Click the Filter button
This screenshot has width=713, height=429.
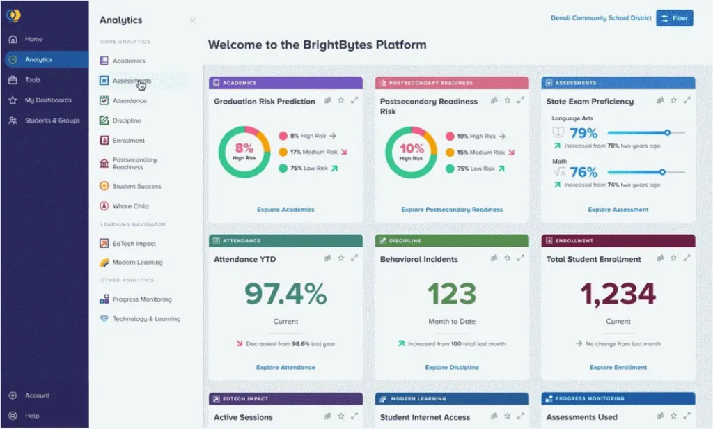[x=674, y=18]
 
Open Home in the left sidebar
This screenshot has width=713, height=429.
[x=33, y=39]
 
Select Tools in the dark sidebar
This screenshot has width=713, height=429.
[x=33, y=79]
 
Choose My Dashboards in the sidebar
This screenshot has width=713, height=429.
[x=47, y=100]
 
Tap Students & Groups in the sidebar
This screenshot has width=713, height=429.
[x=52, y=120]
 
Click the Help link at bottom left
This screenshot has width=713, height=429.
[x=32, y=416]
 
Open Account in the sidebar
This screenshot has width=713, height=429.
[x=37, y=396]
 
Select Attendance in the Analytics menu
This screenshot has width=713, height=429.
[x=130, y=101]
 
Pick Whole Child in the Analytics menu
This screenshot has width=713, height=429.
[x=130, y=206]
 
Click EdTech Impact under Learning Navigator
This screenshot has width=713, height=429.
[x=134, y=244]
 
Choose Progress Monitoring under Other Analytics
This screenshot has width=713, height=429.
[x=141, y=299]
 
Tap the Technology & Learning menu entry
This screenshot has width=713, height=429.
[x=146, y=319]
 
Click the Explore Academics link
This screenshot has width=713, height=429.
[x=285, y=210]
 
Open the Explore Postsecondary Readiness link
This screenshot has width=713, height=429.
[x=452, y=210]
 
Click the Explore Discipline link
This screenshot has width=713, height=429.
[x=452, y=368]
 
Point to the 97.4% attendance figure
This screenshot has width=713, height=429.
[x=285, y=295]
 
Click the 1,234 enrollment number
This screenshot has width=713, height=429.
[x=618, y=295]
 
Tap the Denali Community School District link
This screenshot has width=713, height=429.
[x=601, y=18]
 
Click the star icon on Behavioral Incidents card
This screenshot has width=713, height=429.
[x=507, y=258]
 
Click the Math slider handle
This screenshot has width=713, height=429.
[x=662, y=171]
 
